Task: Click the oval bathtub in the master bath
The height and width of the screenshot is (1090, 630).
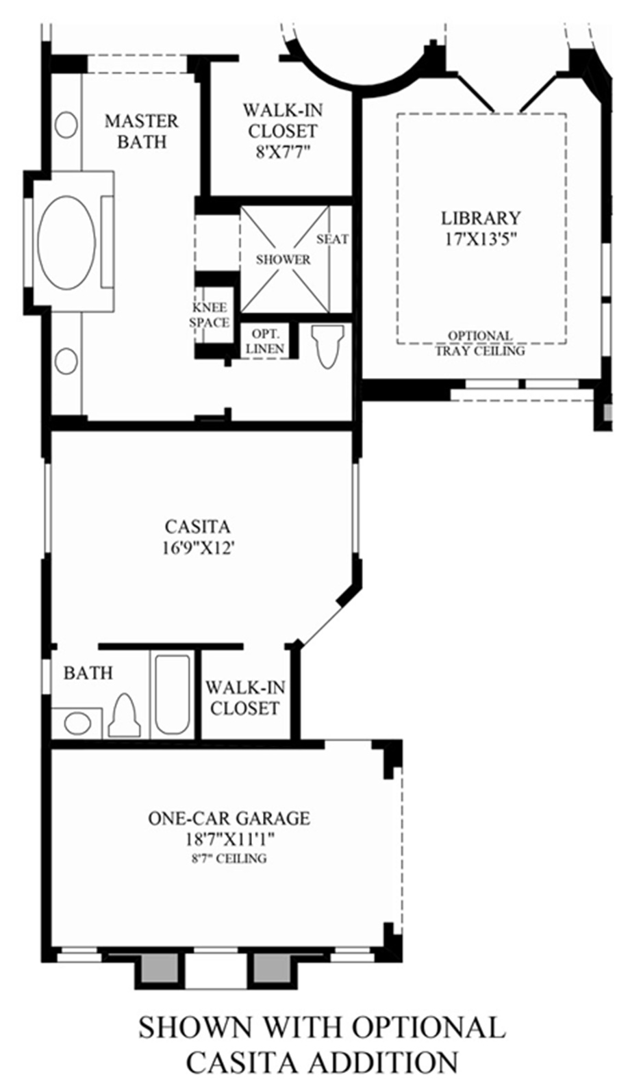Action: click(x=66, y=243)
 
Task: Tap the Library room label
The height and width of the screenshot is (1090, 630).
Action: click(x=481, y=218)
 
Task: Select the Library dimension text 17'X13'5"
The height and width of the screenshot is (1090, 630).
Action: click(x=481, y=240)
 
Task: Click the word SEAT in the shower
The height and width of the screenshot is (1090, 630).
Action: click(x=333, y=239)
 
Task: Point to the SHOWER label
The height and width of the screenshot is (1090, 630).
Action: click(x=283, y=259)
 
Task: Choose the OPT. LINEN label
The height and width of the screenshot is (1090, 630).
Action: click(x=265, y=341)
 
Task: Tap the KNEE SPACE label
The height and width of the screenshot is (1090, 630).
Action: click(x=210, y=316)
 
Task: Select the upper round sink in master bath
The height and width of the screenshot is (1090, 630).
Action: click(x=66, y=125)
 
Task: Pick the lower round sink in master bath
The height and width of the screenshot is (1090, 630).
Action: click(x=66, y=362)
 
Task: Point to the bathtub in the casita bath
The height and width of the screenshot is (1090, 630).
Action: click(x=173, y=694)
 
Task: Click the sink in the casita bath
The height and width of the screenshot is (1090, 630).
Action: click(x=77, y=723)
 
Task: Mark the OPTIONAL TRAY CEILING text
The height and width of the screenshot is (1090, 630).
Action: click(x=480, y=343)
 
